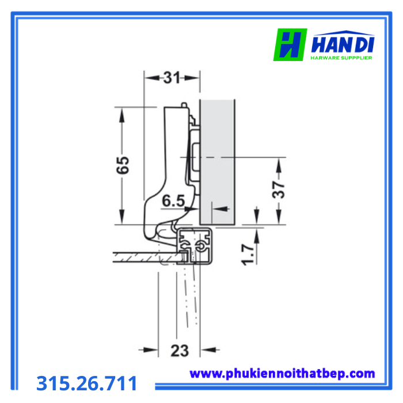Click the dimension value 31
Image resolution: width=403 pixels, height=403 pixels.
click(172, 78)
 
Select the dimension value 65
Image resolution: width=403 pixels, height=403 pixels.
click(123, 165)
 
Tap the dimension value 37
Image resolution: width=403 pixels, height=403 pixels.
click(279, 189)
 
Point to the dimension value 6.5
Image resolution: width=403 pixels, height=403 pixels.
click(173, 201)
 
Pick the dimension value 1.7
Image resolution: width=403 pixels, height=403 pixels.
click(248, 254)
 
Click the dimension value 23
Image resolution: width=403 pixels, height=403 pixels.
click(180, 350)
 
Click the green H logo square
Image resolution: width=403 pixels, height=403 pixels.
click(290, 45)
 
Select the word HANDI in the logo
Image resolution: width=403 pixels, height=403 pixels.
click(343, 45)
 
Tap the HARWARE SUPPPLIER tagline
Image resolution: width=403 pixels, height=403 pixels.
click(341, 58)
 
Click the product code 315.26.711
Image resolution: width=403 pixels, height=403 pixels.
click(87, 383)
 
